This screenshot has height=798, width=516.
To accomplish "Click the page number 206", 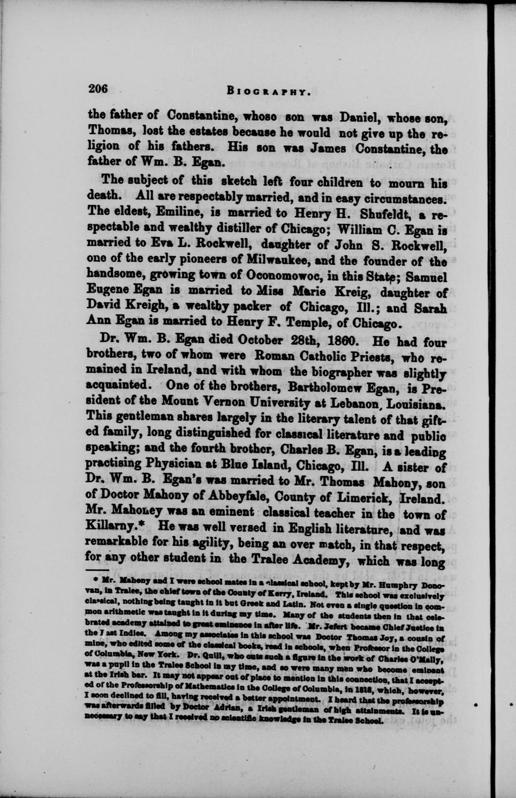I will (x=98, y=88).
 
